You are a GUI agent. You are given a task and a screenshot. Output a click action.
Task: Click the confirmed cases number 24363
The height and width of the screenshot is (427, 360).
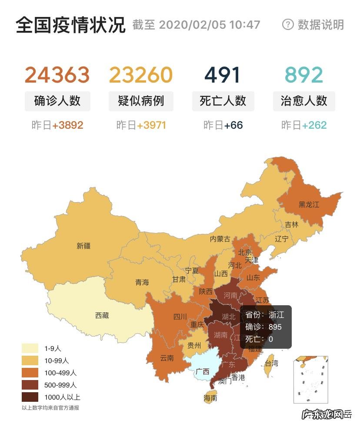pyautogui.click(x=57, y=75)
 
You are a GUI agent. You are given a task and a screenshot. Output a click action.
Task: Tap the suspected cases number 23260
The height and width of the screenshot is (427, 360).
pyautogui.click(x=140, y=75)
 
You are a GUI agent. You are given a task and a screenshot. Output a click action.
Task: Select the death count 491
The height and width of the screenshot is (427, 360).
pyautogui.click(x=223, y=75)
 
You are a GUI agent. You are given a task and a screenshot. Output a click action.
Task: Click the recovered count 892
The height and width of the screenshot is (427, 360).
pyautogui.click(x=304, y=75)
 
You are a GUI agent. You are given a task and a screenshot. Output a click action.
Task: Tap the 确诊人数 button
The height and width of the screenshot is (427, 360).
pyautogui.click(x=57, y=101)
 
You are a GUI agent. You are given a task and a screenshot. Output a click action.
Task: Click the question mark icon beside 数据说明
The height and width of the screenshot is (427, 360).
pyautogui.click(x=288, y=24)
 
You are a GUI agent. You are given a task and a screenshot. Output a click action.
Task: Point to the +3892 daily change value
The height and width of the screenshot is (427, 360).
pyautogui.click(x=67, y=126)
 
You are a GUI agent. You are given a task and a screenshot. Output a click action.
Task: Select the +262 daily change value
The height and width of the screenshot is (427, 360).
pyautogui.click(x=314, y=126)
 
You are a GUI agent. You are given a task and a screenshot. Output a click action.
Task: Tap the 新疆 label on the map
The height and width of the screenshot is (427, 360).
pyautogui.click(x=83, y=246)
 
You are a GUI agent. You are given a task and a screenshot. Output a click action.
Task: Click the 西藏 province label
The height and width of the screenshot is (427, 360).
pyautogui.click(x=102, y=315)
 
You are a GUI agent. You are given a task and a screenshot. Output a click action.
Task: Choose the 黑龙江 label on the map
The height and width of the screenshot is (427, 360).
pyautogui.click(x=308, y=204)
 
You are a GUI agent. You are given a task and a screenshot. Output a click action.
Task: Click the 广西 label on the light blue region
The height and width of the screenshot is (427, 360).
pyautogui.click(x=202, y=372)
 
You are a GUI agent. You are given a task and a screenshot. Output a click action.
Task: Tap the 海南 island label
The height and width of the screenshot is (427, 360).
pyautogui.click(x=210, y=398)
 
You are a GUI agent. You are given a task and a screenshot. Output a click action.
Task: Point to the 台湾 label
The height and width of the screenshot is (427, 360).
pyautogui.click(x=271, y=363)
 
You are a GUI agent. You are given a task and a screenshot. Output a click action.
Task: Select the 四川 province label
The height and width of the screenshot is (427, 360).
pyautogui.click(x=180, y=317)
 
